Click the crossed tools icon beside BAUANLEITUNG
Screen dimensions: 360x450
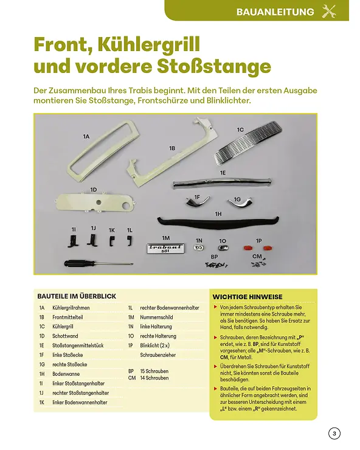pyautogui.click(x=329, y=12)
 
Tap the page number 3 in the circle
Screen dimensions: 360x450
pyautogui.click(x=334, y=434)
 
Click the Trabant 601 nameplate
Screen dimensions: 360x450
pyautogui.click(x=165, y=249)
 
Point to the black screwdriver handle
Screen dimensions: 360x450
pyautogui.click(x=75, y=263)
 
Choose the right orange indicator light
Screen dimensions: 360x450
pyautogui.click(x=268, y=247)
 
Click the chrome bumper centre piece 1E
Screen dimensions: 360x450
pyautogui.click(x=222, y=182)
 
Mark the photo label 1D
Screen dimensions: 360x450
pyautogui.click(x=94, y=190)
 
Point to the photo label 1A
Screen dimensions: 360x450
pyautogui.click(x=86, y=137)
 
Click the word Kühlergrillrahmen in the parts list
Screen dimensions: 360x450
pyautogui.click(x=71, y=308)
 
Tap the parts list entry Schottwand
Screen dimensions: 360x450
pyautogui.click(x=65, y=336)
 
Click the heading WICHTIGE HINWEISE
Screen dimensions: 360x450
pyautogui.click(x=247, y=297)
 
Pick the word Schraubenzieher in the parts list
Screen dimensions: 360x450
pyautogui.click(x=158, y=355)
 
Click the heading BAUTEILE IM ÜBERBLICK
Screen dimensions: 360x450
pyautogui.click(x=77, y=296)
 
